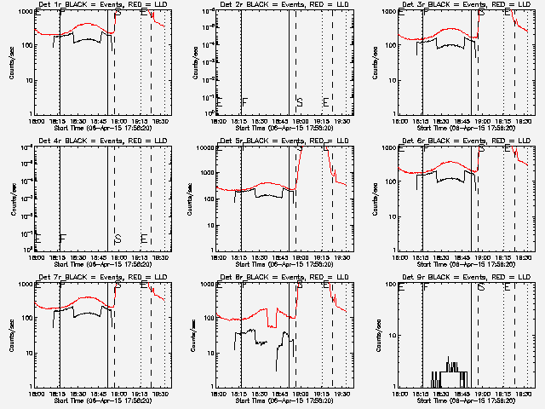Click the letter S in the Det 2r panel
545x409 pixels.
(x=300, y=103)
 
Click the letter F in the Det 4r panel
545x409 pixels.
(x=62, y=239)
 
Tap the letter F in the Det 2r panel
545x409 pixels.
(x=244, y=103)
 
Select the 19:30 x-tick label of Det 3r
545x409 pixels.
(x=525, y=120)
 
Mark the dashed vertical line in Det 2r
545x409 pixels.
(x=296, y=60)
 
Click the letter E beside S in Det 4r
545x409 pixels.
(x=144, y=239)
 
